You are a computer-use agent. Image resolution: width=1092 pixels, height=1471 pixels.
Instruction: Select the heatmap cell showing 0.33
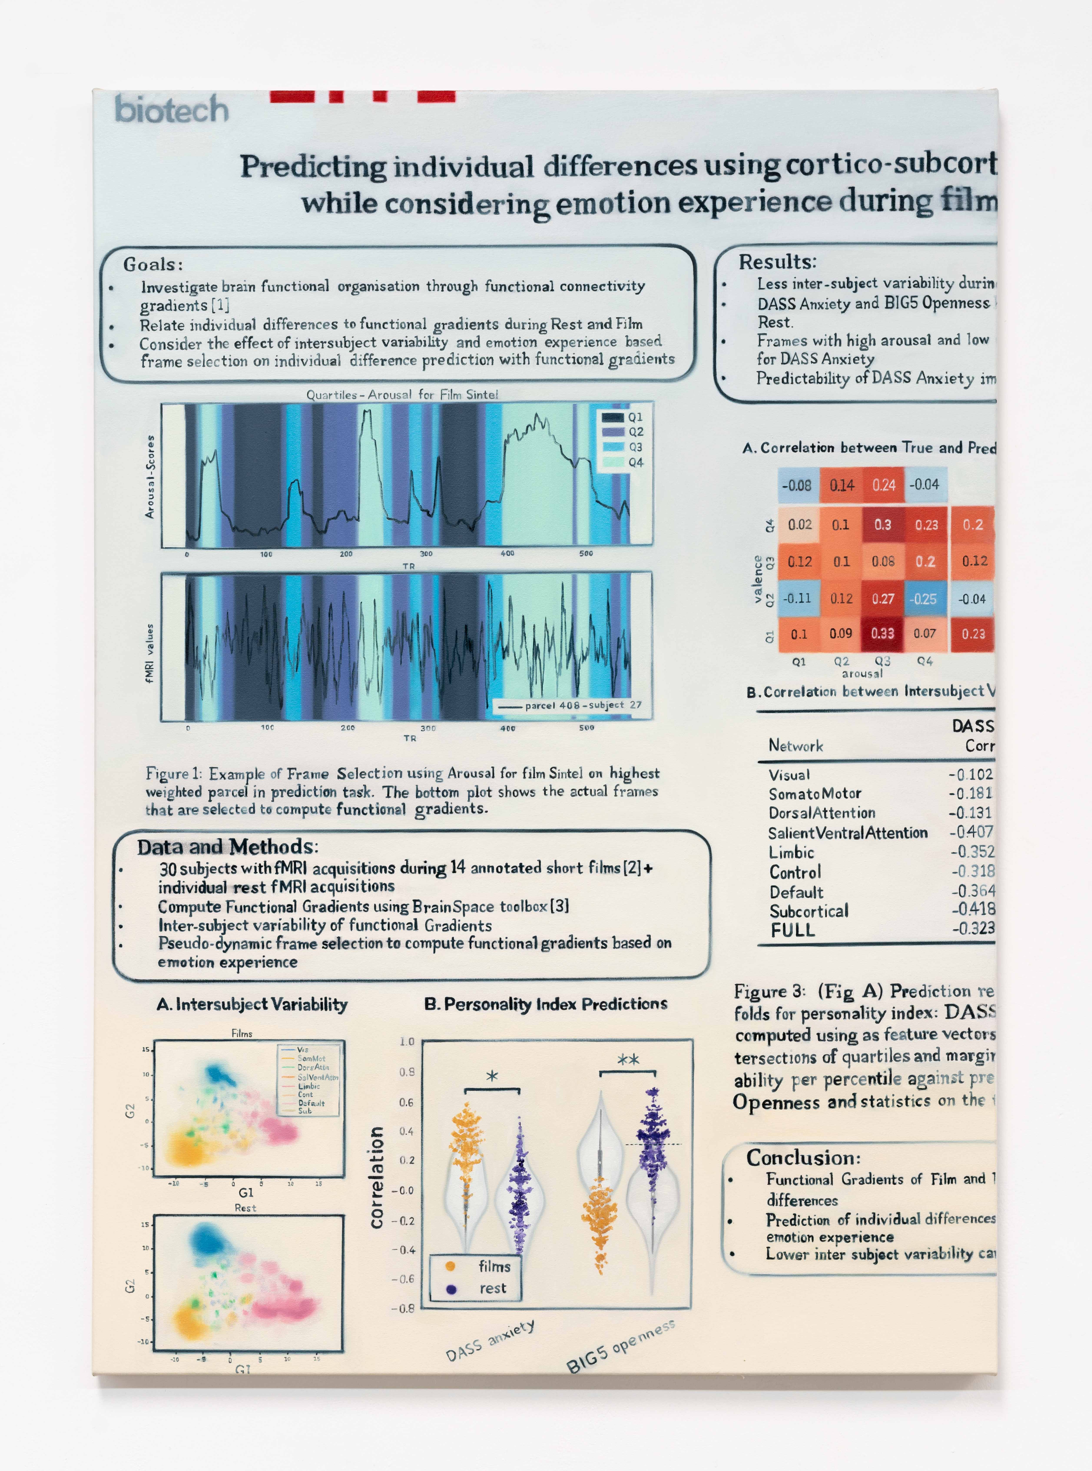coord(882,633)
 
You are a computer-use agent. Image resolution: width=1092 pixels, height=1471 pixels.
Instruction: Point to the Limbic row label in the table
coord(791,853)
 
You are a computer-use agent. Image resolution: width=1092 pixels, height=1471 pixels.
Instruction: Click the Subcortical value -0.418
coord(973,909)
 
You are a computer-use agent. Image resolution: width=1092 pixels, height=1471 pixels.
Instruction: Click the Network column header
coord(796,746)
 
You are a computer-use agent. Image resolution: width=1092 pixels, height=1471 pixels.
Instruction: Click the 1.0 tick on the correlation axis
coord(406,1042)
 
